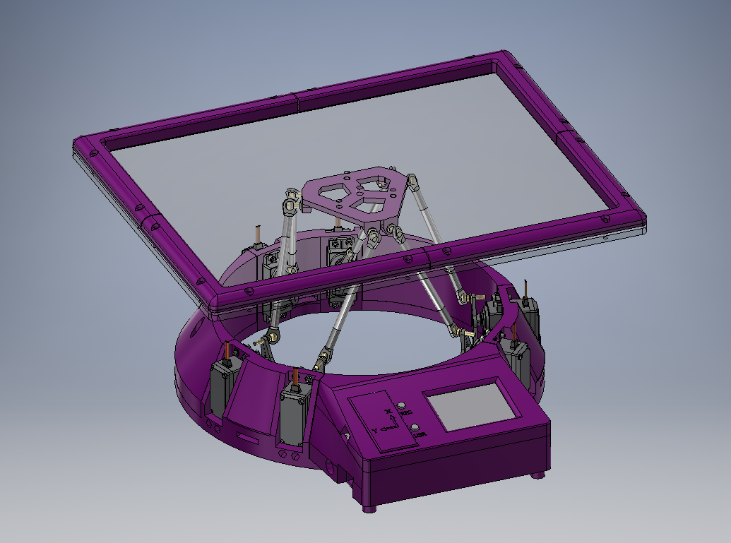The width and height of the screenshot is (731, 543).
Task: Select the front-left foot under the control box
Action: (x=370, y=507)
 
